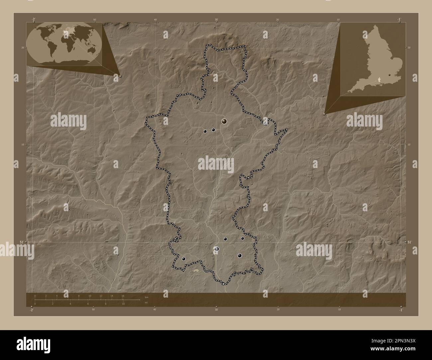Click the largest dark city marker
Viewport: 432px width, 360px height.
225,122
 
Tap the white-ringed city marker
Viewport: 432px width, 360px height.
217,249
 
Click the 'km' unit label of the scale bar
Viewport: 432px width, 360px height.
146,297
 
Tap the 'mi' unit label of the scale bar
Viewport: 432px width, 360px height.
146,302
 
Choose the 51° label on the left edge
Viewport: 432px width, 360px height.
21,242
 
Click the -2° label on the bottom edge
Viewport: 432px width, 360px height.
32,310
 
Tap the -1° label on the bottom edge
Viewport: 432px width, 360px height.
401,310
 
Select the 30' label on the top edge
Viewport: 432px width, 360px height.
216,20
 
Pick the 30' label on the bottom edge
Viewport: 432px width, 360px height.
216,310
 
